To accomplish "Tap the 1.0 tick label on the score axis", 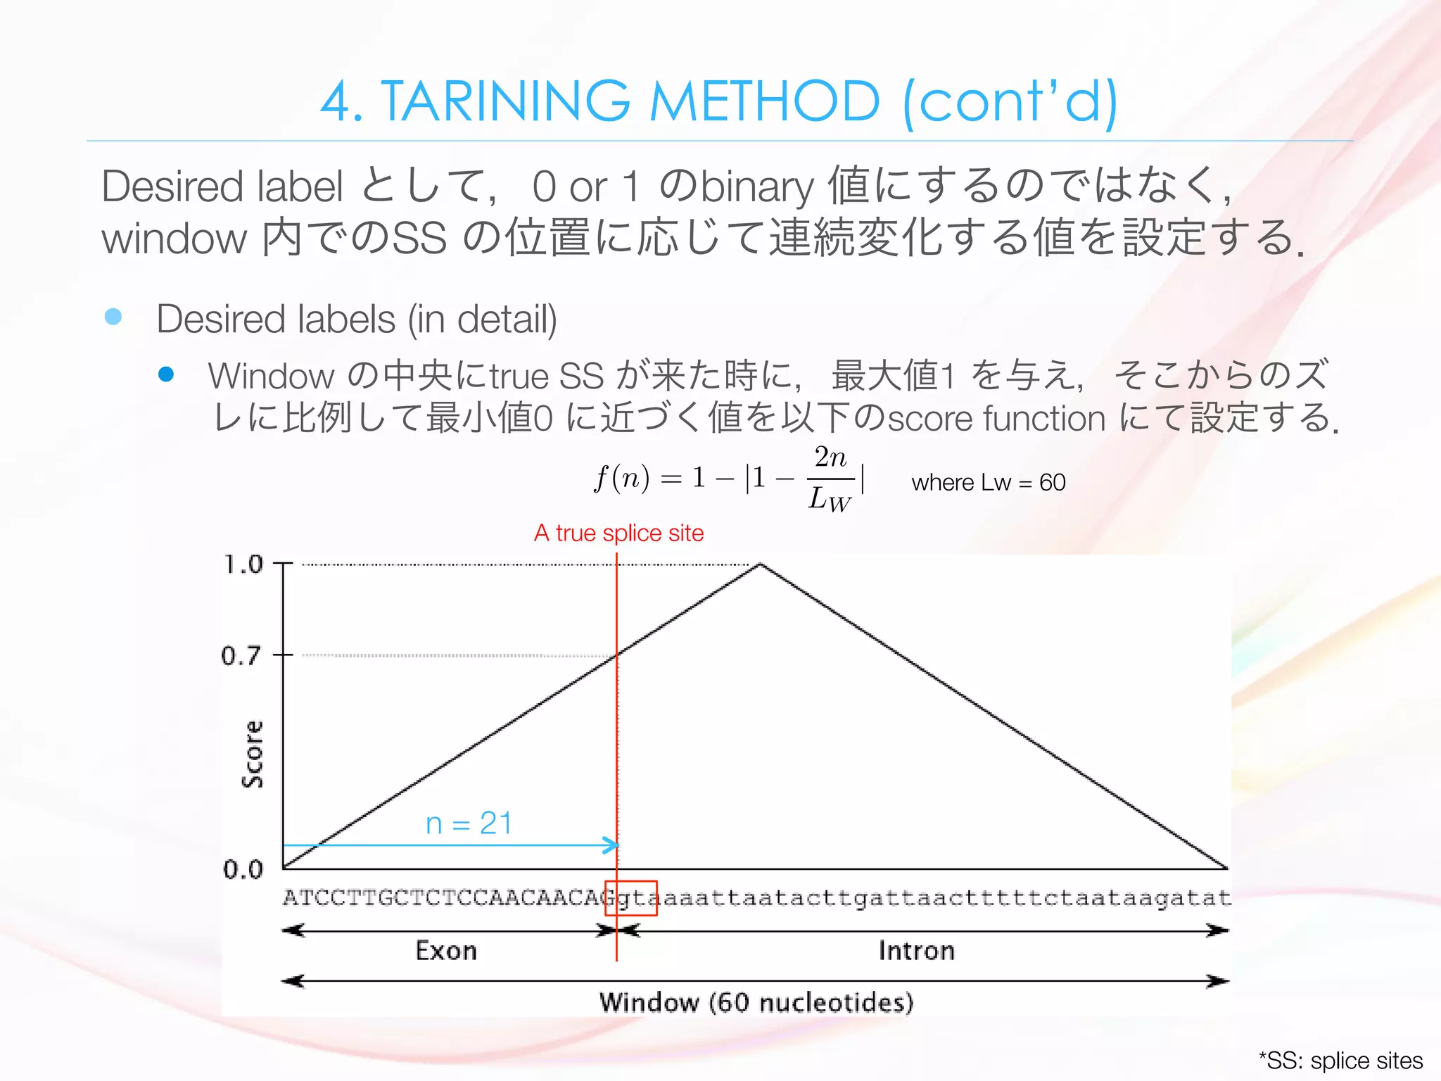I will point(243,564).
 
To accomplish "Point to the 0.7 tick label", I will point(241,656).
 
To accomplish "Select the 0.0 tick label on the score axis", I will point(243,870).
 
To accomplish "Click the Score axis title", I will point(252,754).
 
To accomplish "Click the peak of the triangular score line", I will point(760,564).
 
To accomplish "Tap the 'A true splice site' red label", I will point(618,533).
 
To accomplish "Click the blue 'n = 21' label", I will point(469,823).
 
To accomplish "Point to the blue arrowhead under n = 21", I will point(611,845).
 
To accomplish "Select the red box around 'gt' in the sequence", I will point(631,898).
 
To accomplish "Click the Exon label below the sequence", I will point(446,951).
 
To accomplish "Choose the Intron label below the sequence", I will point(916,951).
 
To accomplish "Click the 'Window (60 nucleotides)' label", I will point(756,1002).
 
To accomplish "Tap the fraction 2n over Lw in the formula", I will point(831,479).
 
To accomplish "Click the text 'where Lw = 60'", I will point(988,483).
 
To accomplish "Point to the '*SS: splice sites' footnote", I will point(1340,1061).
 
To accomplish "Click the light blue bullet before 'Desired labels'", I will point(113,317).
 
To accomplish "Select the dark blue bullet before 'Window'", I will point(166,374).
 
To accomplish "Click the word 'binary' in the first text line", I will point(757,187).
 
